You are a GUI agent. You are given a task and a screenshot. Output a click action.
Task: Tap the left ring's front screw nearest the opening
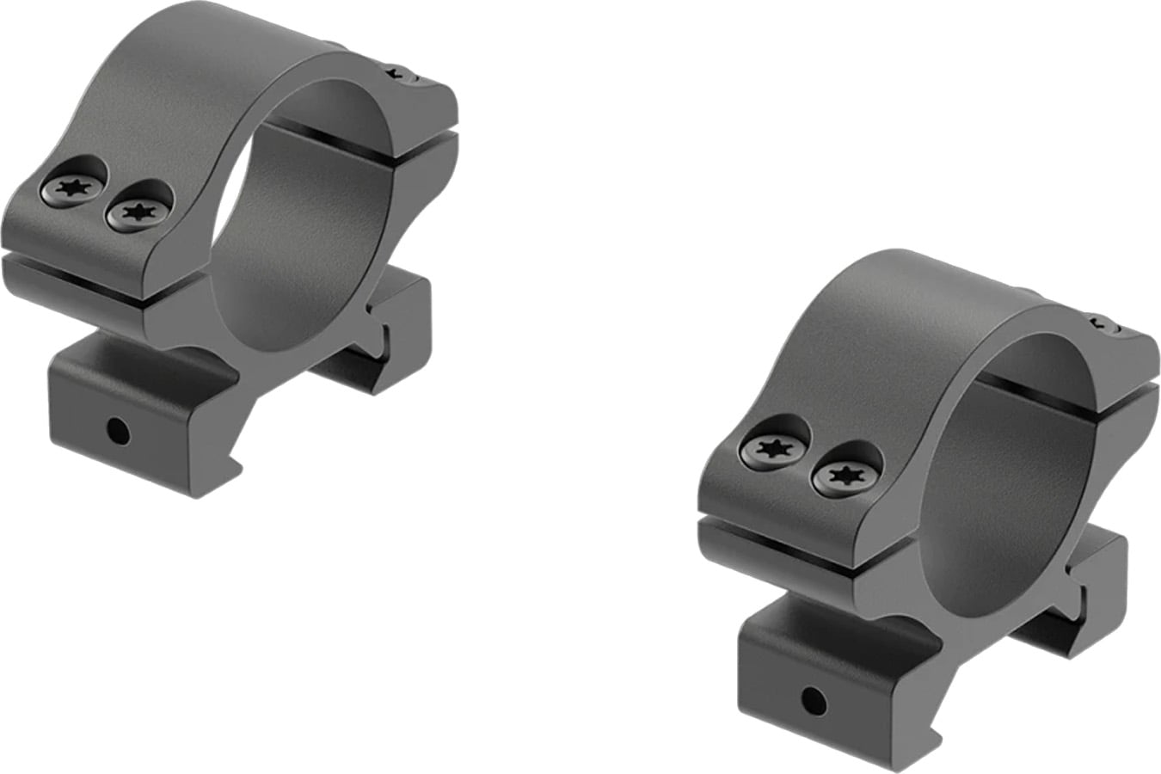pyautogui.click(x=135, y=211)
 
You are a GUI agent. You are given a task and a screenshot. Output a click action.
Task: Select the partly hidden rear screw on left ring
pyautogui.click(x=400, y=74)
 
